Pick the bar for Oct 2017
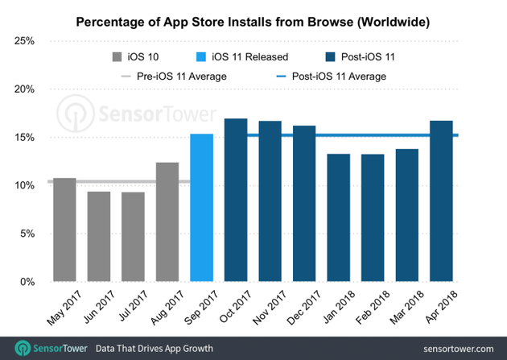pyautogui.click(x=236, y=201)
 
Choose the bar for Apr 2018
pyautogui.click(x=441, y=201)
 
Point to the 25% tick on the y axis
pyautogui.click(x=27, y=41)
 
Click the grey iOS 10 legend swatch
pyautogui.click(x=117, y=57)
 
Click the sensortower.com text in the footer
pyautogui.click(x=455, y=348)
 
